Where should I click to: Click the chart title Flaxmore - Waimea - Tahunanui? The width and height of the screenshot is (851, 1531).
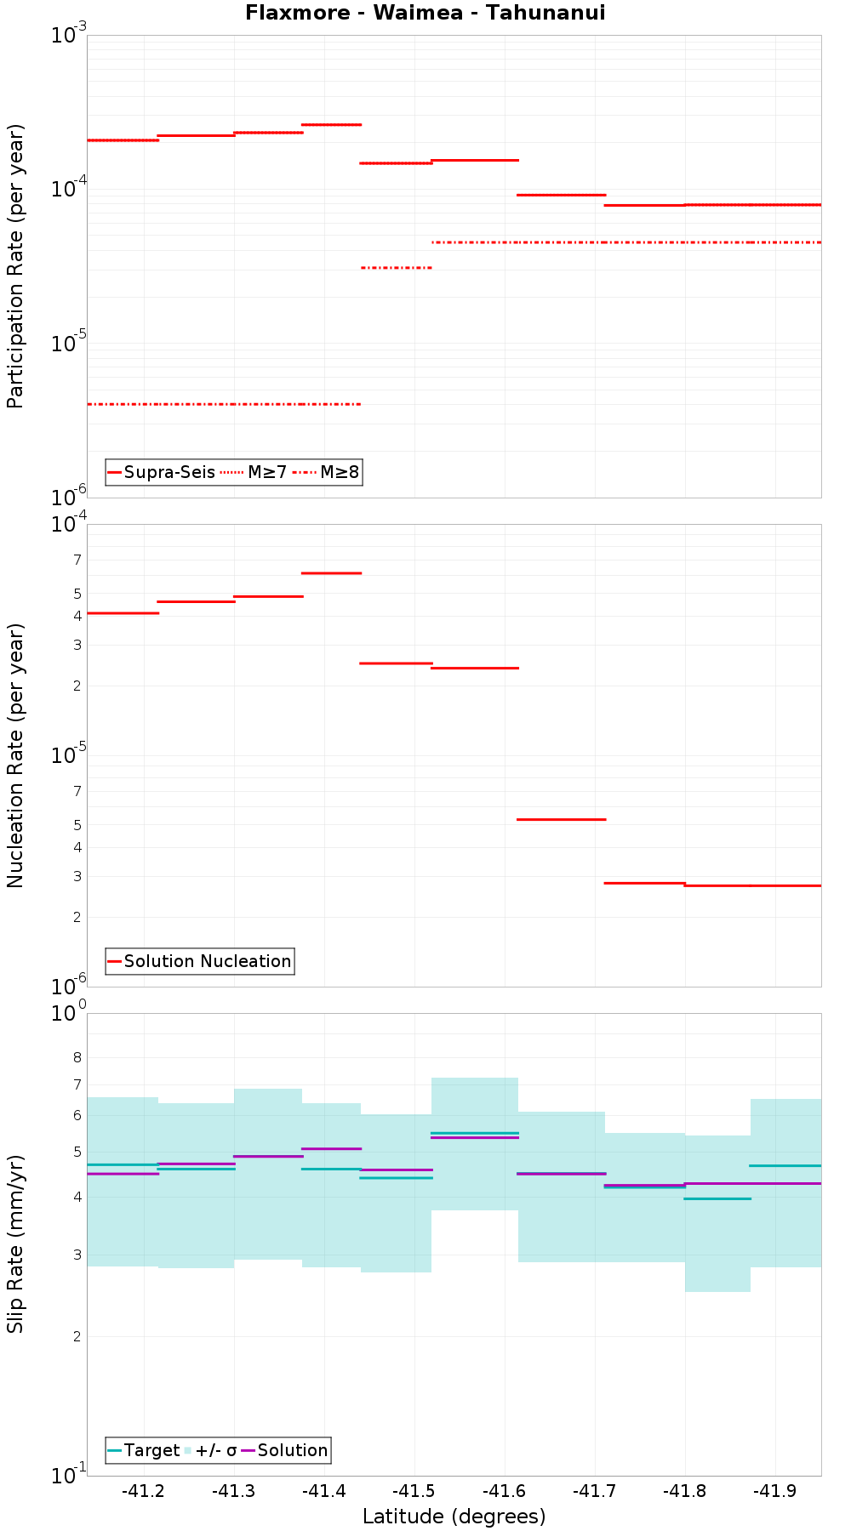tap(425, 13)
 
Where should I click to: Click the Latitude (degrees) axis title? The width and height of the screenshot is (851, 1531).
tap(454, 1516)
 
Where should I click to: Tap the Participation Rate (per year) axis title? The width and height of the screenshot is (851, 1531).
tap(15, 266)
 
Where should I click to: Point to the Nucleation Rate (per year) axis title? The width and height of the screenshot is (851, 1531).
tap(15, 755)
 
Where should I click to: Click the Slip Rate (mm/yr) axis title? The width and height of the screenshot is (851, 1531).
tap(15, 1244)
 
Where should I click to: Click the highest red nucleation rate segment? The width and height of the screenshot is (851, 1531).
tap(332, 573)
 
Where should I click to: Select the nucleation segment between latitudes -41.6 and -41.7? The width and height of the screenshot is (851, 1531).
tap(562, 819)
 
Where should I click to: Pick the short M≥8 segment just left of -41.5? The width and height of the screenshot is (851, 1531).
tap(397, 268)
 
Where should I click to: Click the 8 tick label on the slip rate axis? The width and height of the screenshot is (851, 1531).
tap(77, 1058)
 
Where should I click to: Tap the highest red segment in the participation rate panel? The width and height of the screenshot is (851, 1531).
tap(332, 125)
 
